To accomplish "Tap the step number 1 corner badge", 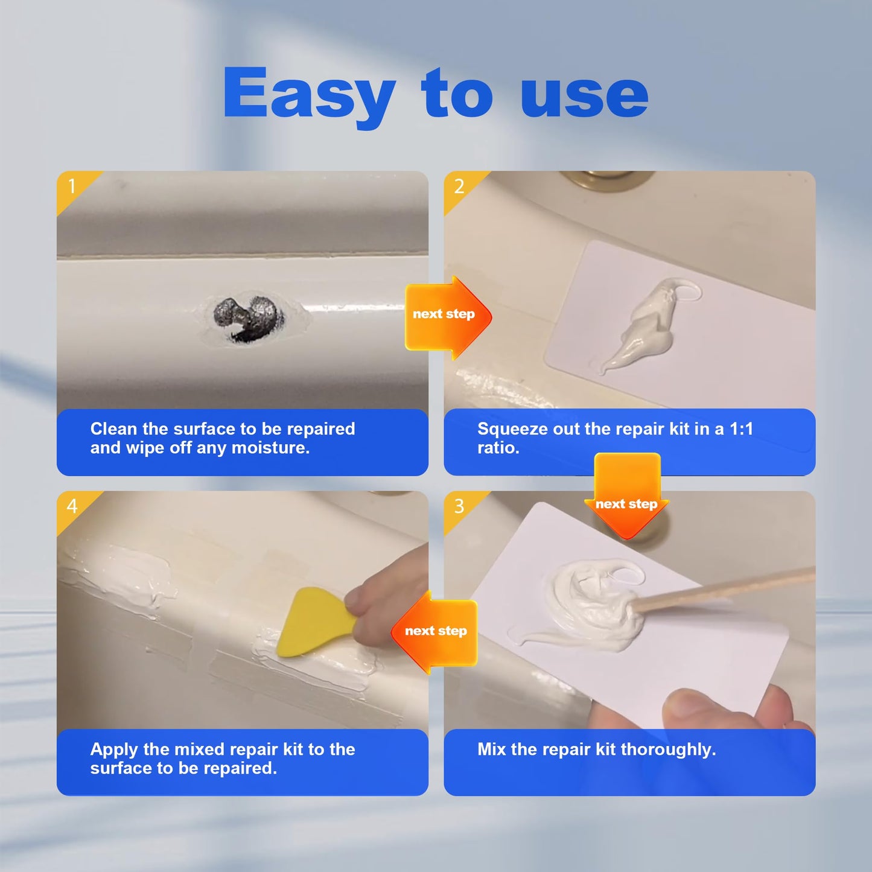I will click(72, 186).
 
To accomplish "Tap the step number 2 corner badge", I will click(459, 186).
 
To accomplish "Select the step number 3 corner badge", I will click(459, 506).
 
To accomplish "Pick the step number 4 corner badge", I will click(72, 506).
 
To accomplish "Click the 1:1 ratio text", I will click(741, 429).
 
